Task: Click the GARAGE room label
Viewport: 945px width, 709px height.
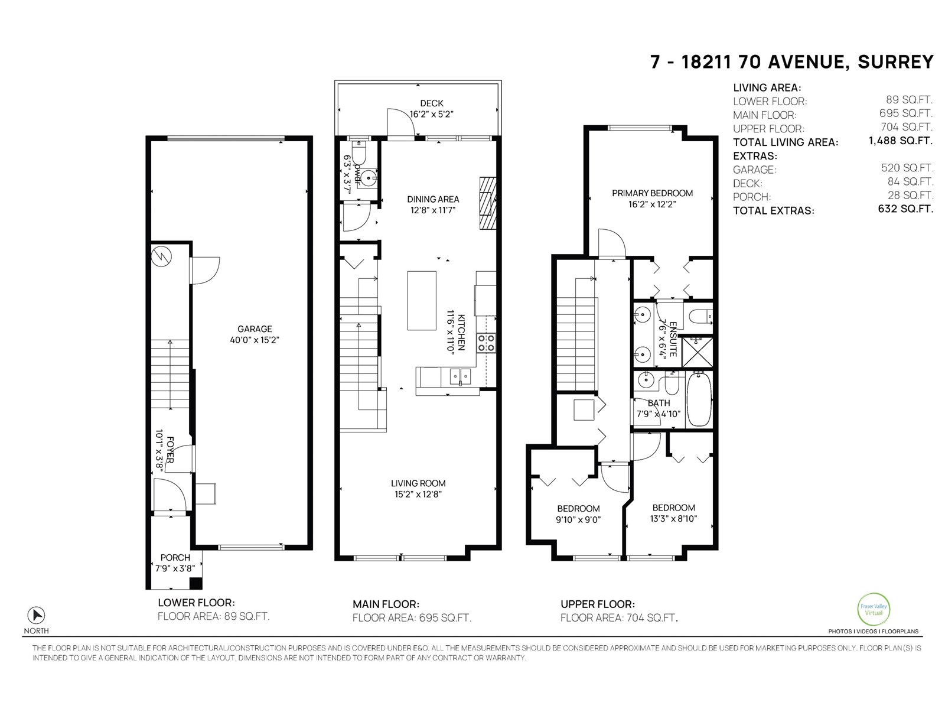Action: coord(255,329)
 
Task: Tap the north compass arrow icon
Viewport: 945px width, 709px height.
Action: coord(37,615)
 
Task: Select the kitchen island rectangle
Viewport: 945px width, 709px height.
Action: coord(422,300)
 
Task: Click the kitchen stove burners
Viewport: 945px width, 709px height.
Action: coord(486,343)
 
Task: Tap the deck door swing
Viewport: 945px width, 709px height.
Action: coord(399,123)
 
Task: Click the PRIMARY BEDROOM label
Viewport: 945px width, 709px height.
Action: coord(652,193)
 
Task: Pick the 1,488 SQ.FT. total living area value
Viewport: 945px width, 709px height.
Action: coord(900,141)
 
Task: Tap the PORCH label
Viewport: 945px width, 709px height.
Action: coord(175,557)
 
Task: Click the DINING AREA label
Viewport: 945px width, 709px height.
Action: coord(433,199)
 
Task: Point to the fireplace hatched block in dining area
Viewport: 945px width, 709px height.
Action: coord(486,202)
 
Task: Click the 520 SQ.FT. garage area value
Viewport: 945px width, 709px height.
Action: coord(907,168)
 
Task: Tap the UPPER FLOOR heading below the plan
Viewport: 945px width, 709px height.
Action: coord(597,604)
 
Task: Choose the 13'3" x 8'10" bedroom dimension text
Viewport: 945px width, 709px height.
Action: coord(673,519)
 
